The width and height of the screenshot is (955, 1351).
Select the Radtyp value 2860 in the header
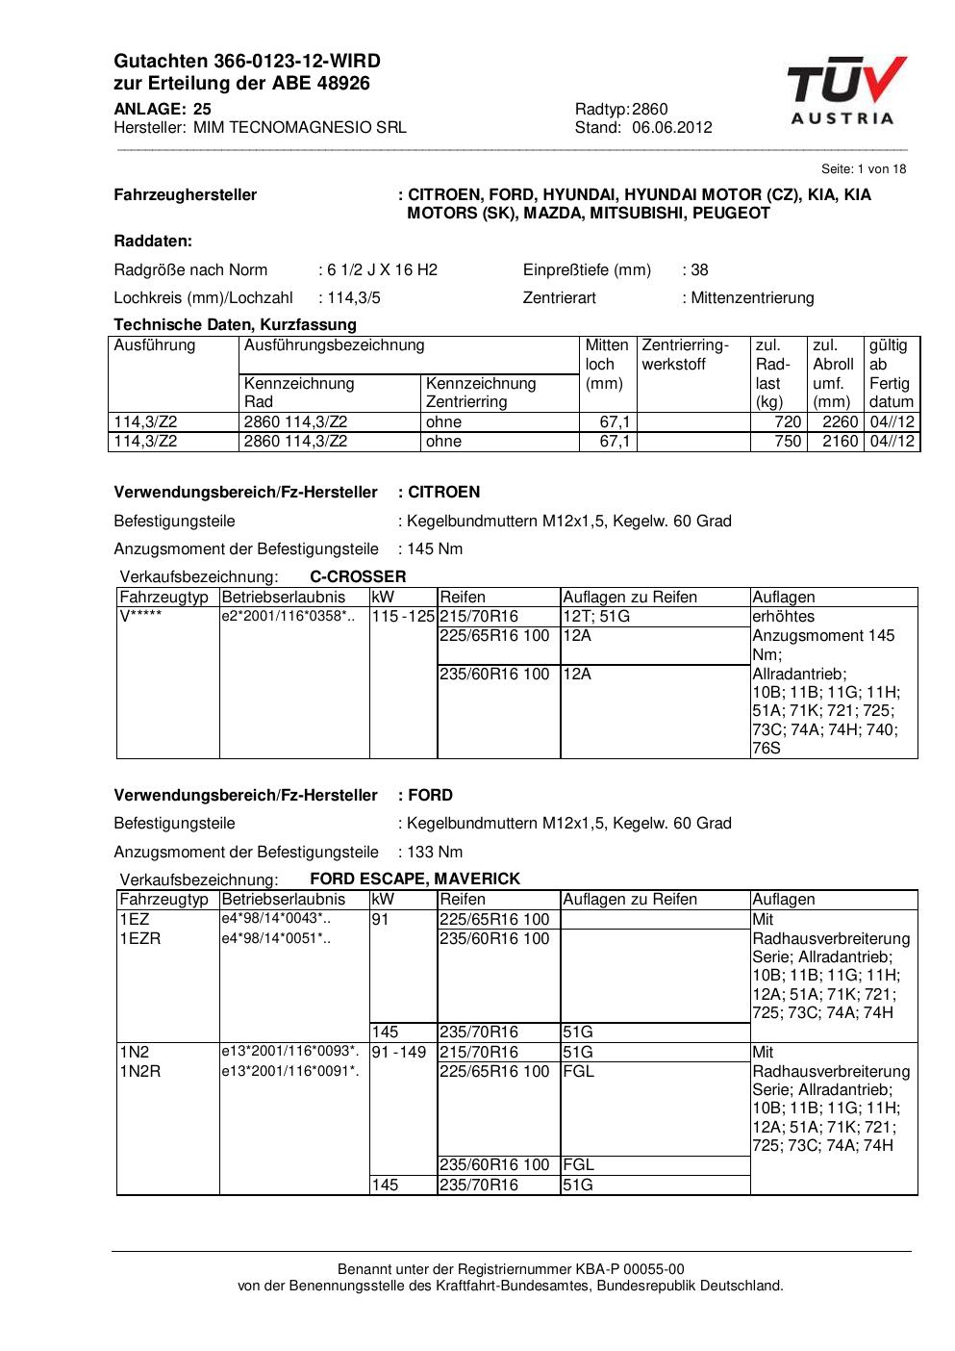(650, 109)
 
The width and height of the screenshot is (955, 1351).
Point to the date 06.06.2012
(672, 127)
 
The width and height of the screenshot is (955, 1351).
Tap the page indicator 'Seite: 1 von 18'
(864, 168)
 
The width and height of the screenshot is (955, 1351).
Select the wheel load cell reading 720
(788, 421)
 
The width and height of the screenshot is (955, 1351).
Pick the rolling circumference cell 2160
(840, 441)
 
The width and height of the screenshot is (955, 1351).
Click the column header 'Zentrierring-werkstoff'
(685, 354)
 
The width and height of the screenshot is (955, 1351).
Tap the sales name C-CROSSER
(358, 576)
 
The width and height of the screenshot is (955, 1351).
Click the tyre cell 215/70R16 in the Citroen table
(479, 616)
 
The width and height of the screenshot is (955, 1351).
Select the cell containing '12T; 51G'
(596, 616)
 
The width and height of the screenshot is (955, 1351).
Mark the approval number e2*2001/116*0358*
(288, 616)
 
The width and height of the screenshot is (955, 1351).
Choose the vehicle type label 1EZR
(140, 938)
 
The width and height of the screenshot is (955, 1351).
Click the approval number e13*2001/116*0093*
(289, 1051)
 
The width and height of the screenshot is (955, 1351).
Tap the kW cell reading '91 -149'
(398, 1052)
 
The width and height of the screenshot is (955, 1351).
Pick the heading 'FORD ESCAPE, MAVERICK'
(415, 879)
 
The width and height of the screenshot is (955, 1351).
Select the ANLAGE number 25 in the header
(202, 109)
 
